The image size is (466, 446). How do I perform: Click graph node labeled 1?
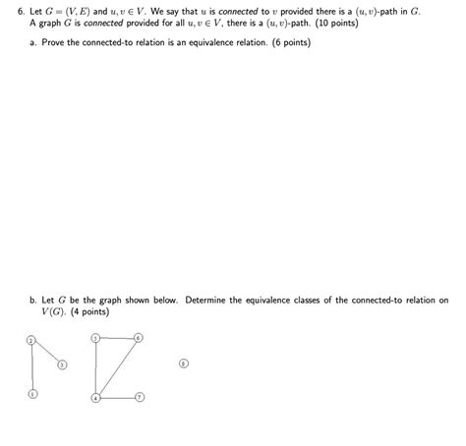click(31, 395)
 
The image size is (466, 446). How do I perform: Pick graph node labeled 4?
click(95, 397)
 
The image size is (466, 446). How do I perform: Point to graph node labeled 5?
click(95, 338)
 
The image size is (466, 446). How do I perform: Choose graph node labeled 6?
click(139, 338)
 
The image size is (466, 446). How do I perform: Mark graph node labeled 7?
click(140, 397)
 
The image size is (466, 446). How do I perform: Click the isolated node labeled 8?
click(183, 362)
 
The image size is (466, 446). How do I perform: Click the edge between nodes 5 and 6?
click(117, 338)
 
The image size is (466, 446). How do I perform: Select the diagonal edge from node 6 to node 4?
click(117, 367)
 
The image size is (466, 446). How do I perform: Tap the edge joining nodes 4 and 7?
click(117, 397)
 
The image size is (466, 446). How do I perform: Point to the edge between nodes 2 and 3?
click(46, 352)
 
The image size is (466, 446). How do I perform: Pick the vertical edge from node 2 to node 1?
click(31, 367)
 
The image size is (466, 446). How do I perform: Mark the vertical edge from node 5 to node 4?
click(95, 367)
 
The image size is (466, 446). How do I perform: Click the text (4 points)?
click(88, 311)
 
